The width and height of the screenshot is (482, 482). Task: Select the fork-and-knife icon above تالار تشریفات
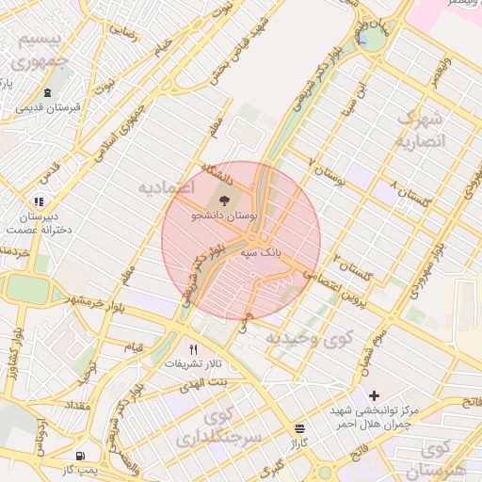[193, 347]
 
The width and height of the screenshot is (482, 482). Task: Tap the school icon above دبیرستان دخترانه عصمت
[39, 201]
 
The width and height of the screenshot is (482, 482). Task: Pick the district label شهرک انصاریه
[418, 130]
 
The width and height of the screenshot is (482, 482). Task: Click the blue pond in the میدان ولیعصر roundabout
[363, 38]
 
